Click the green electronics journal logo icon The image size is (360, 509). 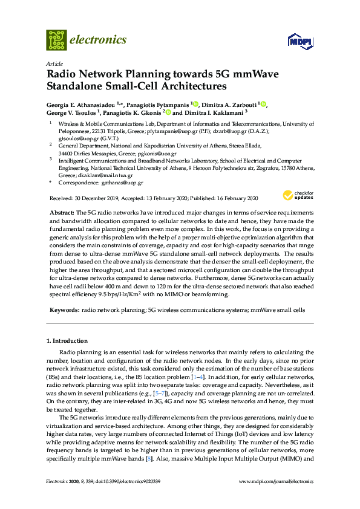click(56, 40)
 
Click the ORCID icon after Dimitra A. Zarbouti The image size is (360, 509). click(264, 104)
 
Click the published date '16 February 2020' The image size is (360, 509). click(232, 199)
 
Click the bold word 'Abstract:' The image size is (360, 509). click(61, 214)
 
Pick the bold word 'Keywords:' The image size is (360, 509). click(64, 310)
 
